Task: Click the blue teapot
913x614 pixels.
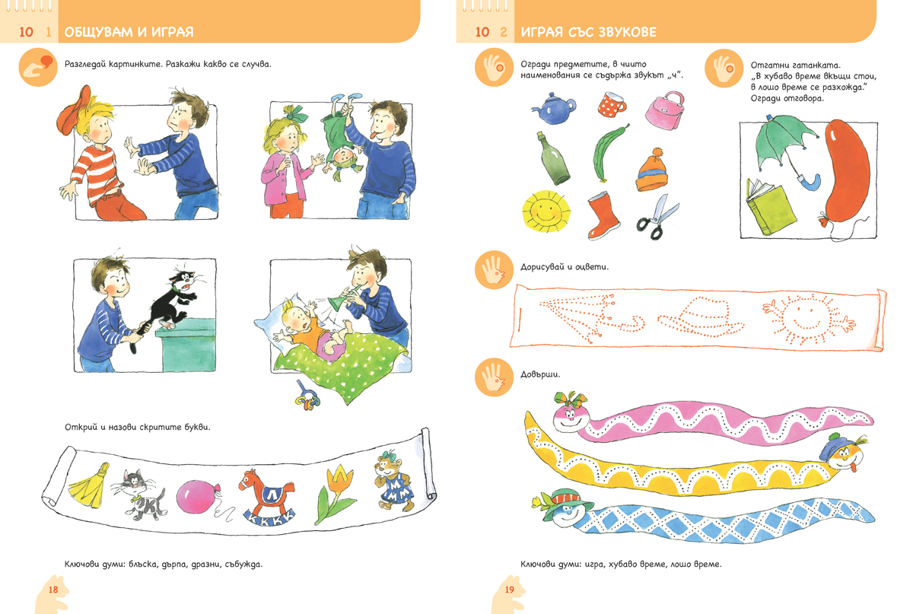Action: tap(554, 108)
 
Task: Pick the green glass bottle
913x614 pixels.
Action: tap(553, 158)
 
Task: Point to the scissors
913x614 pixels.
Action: tap(657, 217)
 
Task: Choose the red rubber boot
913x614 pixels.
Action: tap(603, 215)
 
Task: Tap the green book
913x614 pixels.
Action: tap(769, 208)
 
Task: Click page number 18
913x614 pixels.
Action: tap(53, 590)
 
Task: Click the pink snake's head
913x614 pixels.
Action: tap(571, 414)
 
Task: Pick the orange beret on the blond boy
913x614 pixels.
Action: tap(73, 107)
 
